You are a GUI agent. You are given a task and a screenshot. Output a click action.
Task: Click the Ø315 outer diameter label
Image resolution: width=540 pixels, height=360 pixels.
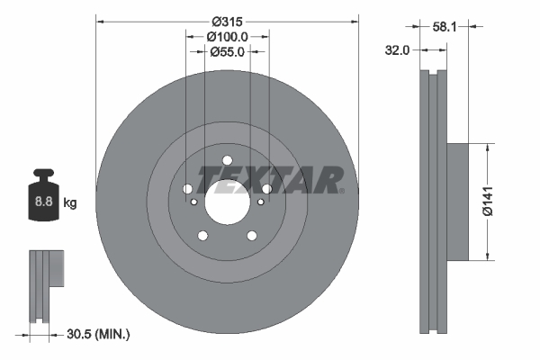pos(227,22)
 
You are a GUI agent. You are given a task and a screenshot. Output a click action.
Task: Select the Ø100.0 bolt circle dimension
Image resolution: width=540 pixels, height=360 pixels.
pos(227,37)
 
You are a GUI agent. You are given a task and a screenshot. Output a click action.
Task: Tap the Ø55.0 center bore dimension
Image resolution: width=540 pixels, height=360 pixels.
pos(227,51)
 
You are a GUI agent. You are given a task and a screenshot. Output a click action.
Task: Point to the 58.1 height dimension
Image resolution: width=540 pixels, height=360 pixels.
pos(445,26)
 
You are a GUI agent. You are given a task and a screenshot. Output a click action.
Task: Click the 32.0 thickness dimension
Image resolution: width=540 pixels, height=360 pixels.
pos(397,50)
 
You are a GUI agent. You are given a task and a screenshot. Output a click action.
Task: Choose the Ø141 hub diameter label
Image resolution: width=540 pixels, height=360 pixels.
pos(488,202)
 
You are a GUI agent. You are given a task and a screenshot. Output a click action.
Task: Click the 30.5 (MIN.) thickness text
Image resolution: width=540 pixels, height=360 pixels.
pos(98,334)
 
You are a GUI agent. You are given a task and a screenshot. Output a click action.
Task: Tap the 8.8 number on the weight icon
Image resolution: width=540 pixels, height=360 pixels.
pos(43,201)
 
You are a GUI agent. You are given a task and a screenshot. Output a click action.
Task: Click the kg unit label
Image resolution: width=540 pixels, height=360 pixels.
pos(70,202)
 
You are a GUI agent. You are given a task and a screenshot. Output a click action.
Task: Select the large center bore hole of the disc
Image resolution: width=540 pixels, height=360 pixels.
pos(228,202)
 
